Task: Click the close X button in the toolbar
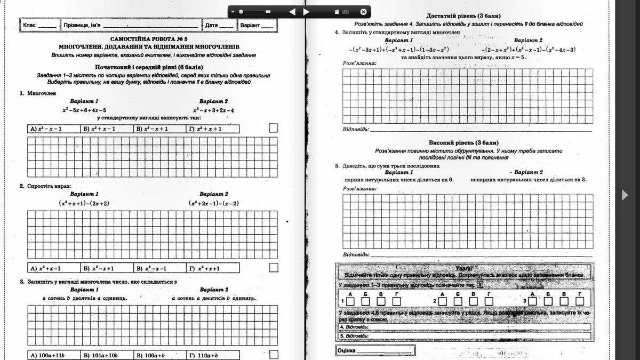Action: point(363,11)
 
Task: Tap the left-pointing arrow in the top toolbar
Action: point(292,11)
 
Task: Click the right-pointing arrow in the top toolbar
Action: point(306,11)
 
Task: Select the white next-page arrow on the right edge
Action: point(625,195)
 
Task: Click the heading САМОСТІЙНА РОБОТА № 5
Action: point(149,39)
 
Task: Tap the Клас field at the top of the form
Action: point(40,25)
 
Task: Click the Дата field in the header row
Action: point(219,25)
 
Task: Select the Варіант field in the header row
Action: point(257,25)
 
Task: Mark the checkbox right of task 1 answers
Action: point(274,128)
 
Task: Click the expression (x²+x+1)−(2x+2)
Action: point(84,203)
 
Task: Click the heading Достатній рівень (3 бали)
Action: point(463,16)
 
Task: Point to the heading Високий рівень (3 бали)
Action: point(463,143)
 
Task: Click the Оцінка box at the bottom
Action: point(375,350)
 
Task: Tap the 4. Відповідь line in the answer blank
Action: point(464,326)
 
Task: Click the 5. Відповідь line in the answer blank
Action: point(464,337)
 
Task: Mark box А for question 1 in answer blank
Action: point(350,301)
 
